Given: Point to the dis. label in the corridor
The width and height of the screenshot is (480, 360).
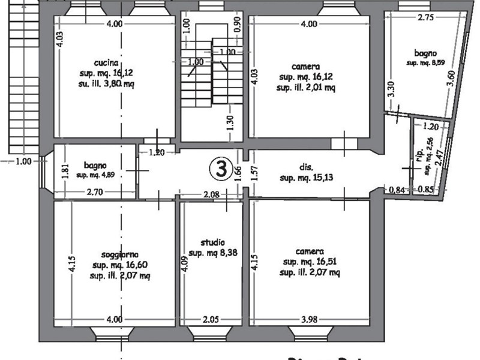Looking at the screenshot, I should pyautogui.click(x=306, y=168).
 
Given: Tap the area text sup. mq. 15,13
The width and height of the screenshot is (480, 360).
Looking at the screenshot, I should pyautogui.click(x=307, y=178).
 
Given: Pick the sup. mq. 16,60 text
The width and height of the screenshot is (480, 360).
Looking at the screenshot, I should pyautogui.click(x=116, y=265).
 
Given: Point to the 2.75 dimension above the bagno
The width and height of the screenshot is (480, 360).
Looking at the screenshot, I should pyautogui.click(x=426, y=18).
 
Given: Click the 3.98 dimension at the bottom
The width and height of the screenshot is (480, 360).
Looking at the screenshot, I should pyautogui.click(x=308, y=319).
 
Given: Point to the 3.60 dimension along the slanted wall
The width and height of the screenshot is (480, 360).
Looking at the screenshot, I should pyautogui.click(x=452, y=79).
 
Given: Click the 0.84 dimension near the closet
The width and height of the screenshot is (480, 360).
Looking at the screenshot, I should pyautogui.click(x=397, y=191).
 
